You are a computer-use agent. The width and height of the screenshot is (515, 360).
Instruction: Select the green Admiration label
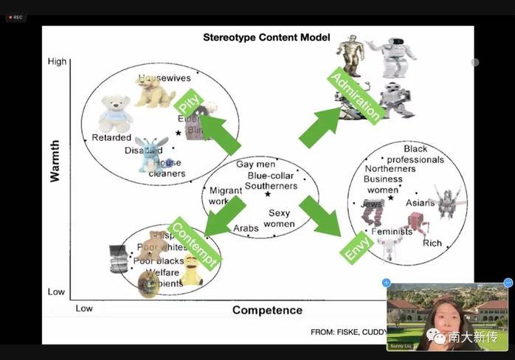356,97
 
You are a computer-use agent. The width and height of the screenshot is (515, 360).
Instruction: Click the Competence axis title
267,310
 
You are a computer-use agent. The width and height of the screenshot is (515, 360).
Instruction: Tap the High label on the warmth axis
57,62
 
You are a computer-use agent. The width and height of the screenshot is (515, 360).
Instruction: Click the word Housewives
164,78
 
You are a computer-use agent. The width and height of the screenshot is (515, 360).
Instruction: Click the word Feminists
392,231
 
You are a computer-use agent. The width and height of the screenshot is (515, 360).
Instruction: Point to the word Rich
432,243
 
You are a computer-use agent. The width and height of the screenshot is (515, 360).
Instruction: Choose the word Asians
421,203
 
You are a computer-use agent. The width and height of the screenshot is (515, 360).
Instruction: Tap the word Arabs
246,229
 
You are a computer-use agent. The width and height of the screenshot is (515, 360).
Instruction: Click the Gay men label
255,165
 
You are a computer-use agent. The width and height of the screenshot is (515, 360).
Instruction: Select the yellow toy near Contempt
192,271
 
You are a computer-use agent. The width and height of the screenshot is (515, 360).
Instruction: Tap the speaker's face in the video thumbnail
446,310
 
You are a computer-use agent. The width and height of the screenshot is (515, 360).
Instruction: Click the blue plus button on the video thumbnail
386,283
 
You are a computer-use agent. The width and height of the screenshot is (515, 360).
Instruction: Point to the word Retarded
111,138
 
